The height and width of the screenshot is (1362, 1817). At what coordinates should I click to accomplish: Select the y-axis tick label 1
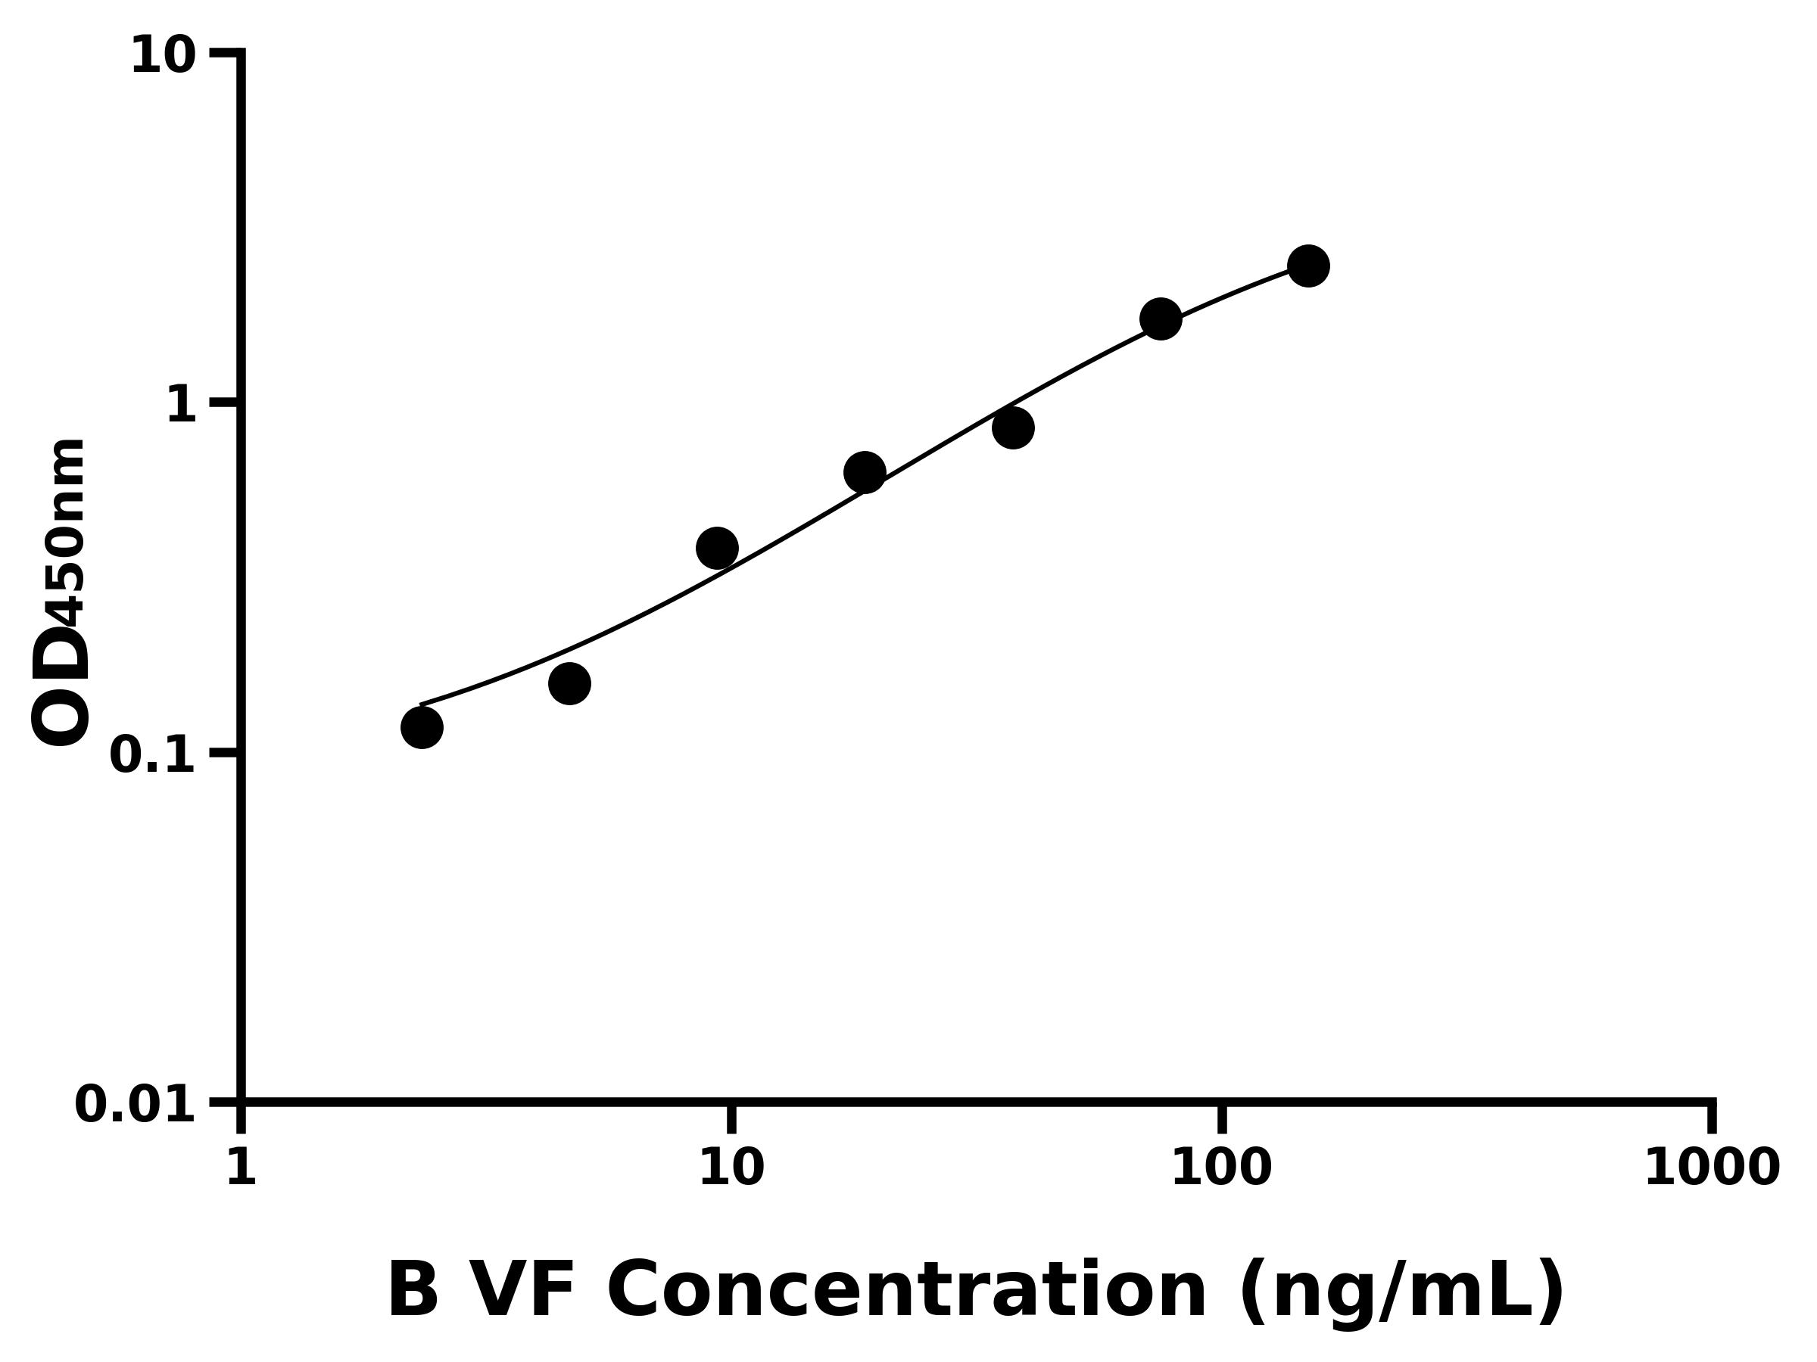(x=182, y=406)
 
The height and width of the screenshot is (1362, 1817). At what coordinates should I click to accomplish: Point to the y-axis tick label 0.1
(x=153, y=755)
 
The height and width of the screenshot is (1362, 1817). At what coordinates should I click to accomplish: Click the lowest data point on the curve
(x=422, y=727)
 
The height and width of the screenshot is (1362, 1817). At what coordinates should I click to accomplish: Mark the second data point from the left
(x=569, y=684)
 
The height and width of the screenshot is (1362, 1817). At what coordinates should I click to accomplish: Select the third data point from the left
(x=717, y=548)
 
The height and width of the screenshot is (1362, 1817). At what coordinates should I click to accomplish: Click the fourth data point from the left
(x=865, y=473)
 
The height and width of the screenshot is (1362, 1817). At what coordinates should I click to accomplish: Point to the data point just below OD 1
(x=1013, y=428)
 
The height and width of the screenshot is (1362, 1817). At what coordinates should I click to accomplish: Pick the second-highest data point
(x=1161, y=319)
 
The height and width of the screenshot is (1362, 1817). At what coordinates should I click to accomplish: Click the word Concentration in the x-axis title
(x=906, y=1292)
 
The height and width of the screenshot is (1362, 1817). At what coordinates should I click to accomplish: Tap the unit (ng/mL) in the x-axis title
(x=1401, y=1292)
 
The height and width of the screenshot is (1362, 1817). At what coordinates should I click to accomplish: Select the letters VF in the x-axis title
(x=523, y=1292)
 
